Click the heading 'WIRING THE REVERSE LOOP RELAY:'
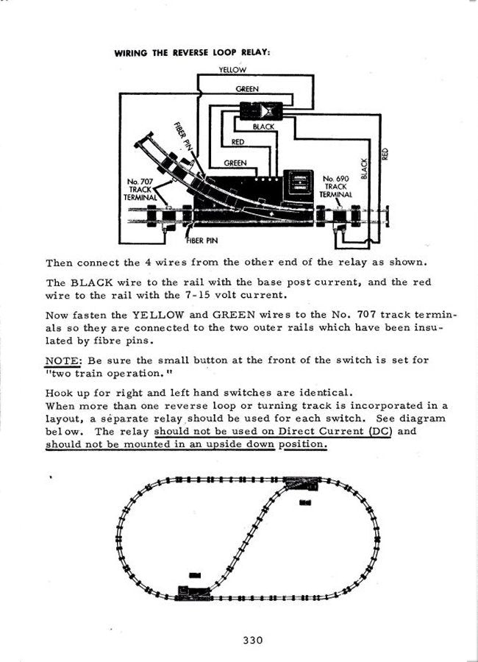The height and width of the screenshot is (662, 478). (x=192, y=53)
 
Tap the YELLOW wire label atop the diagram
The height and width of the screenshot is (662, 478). (x=232, y=70)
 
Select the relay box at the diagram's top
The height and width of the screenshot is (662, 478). (x=261, y=110)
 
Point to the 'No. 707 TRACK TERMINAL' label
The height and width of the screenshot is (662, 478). (x=140, y=190)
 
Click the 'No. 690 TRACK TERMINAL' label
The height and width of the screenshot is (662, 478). (x=335, y=186)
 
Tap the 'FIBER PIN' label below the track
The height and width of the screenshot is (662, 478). (x=202, y=241)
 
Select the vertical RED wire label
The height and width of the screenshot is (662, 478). (x=385, y=154)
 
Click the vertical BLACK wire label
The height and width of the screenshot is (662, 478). (x=365, y=168)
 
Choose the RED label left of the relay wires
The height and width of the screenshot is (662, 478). (x=238, y=142)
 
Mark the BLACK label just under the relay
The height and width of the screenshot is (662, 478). (x=263, y=127)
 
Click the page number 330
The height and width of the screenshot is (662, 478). (x=253, y=640)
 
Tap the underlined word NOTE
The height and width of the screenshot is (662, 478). (x=62, y=360)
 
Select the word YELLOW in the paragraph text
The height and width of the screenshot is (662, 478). (x=158, y=315)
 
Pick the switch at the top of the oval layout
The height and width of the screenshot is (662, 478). (x=302, y=483)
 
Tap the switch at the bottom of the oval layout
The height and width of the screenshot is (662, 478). (x=194, y=592)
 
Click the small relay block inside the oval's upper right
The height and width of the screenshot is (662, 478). (x=305, y=502)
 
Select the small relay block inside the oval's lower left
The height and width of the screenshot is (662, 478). (x=195, y=575)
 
